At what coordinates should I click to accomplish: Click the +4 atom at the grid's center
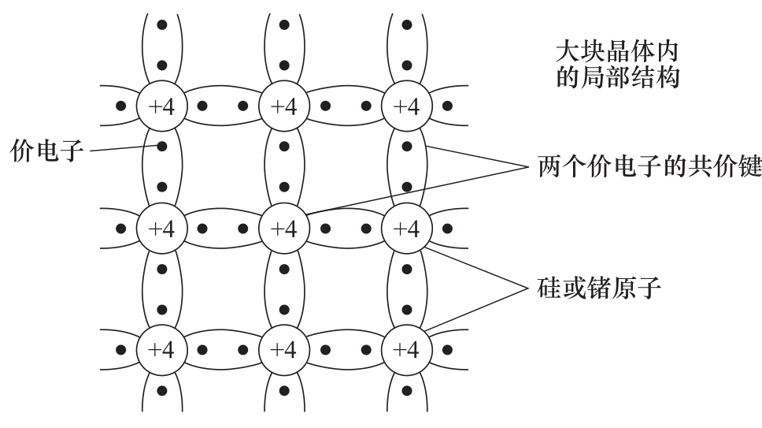[284, 228]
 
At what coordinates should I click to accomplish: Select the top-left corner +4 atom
[162, 106]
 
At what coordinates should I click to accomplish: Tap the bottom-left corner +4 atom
[162, 350]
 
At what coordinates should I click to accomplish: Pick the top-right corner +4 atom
[407, 106]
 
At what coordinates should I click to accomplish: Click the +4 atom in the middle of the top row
[284, 106]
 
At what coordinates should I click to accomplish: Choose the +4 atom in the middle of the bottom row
[284, 350]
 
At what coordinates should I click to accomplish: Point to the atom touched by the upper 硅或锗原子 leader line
[407, 228]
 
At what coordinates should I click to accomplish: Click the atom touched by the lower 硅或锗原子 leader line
[407, 350]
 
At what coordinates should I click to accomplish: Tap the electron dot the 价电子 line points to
[162, 147]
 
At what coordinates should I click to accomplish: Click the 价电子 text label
[46, 151]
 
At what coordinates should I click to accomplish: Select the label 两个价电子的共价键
[649, 167]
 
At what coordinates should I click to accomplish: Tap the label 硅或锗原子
[599, 288]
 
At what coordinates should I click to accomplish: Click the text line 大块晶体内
[616, 51]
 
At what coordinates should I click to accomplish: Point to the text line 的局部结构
[617, 77]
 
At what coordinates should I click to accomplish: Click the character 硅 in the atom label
[549, 288]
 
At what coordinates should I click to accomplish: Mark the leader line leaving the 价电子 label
[124, 148]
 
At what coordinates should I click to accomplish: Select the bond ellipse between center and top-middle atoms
[285, 167]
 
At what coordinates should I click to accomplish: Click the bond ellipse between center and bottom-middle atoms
[285, 289]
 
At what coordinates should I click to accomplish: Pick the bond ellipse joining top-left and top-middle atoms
[223, 106]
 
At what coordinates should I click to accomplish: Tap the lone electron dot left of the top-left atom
[121, 106]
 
